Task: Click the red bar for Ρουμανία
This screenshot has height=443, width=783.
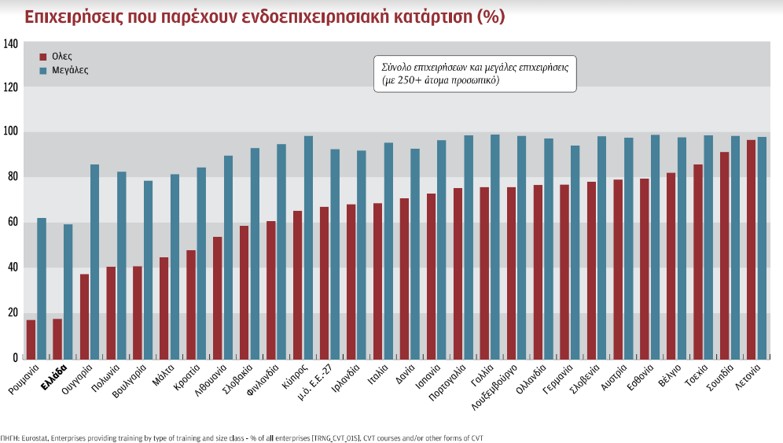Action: point(31,338)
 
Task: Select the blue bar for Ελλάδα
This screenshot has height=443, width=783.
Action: point(68,290)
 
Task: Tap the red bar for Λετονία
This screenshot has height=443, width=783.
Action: point(751,249)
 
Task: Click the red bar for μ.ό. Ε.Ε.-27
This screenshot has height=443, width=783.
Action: point(324,282)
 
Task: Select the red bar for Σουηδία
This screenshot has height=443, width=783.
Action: point(724,254)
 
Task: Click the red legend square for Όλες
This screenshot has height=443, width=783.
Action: point(43,57)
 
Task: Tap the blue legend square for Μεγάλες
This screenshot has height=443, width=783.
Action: point(43,70)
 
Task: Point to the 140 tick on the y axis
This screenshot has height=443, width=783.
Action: point(10,44)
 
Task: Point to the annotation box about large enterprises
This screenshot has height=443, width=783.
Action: point(474,74)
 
